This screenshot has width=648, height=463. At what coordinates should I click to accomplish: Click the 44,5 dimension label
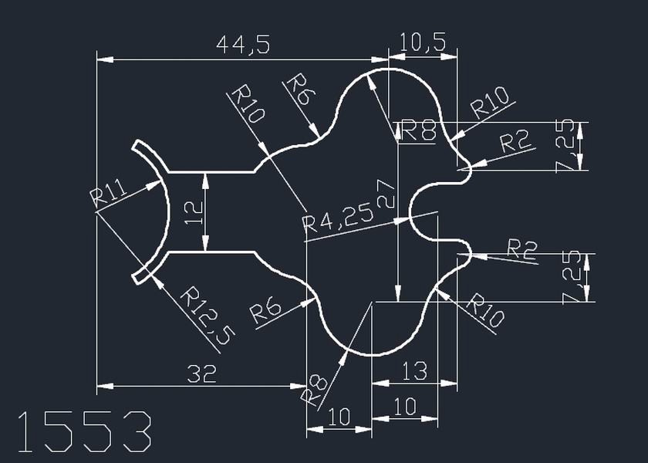pos(244,46)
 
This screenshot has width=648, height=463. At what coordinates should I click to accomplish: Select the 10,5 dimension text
pos(424,43)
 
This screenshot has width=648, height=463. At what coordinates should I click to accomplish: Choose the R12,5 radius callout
pos(207,315)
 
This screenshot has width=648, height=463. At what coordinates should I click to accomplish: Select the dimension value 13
pos(415,371)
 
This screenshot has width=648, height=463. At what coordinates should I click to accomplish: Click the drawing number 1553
pos(84,431)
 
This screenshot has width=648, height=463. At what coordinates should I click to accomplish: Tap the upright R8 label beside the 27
pos(418,131)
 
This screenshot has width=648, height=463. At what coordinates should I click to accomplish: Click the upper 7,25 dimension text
pos(567,145)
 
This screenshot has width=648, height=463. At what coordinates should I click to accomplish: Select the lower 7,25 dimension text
pos(575,277)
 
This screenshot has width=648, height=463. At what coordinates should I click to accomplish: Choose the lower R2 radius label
pos(521,248)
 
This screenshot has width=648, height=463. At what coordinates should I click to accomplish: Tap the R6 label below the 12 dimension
pos(265,312)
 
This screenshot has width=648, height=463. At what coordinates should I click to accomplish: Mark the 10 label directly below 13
pos(405,406)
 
